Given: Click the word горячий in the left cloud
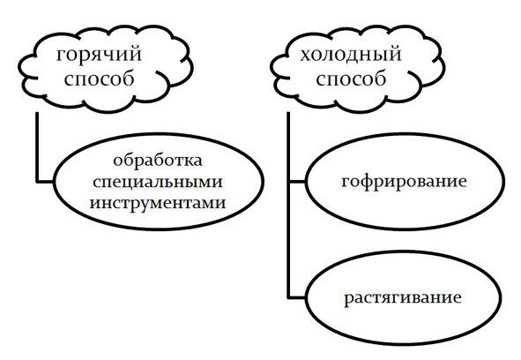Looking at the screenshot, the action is pyautogui.click(x=99, y=55).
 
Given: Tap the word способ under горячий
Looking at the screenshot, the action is pyautogui.click(x=99, y=79).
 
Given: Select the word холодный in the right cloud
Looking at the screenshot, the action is pyautogui.click(x=351, y=55).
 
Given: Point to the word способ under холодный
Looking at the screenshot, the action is pyautogui.click(x=351, y=79).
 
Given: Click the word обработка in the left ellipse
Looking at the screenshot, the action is pyautogui.click(x=158, y=160).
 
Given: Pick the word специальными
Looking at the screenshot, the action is pyautogui.click(x=158, y=182).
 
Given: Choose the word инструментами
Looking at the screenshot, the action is pyautogui.click(x=158, y=203).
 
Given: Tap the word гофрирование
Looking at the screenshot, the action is pyautogui.click(x=404, y=182).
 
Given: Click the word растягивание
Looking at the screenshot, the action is pyautogui.click(x=402, y=297).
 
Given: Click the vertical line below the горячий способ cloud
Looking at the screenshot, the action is pyautogui.click(x=37, y=147).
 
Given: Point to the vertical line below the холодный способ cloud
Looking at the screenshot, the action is pyautogui.click(x=288, y=205).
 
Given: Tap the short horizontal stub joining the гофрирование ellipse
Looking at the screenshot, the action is pyautogui.click(x=298, y=182).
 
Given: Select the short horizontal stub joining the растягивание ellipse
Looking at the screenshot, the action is pyautogui.click(x=297, y=297).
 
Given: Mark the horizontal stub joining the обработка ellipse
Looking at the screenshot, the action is pyautogui.click(x=45, y=182).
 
